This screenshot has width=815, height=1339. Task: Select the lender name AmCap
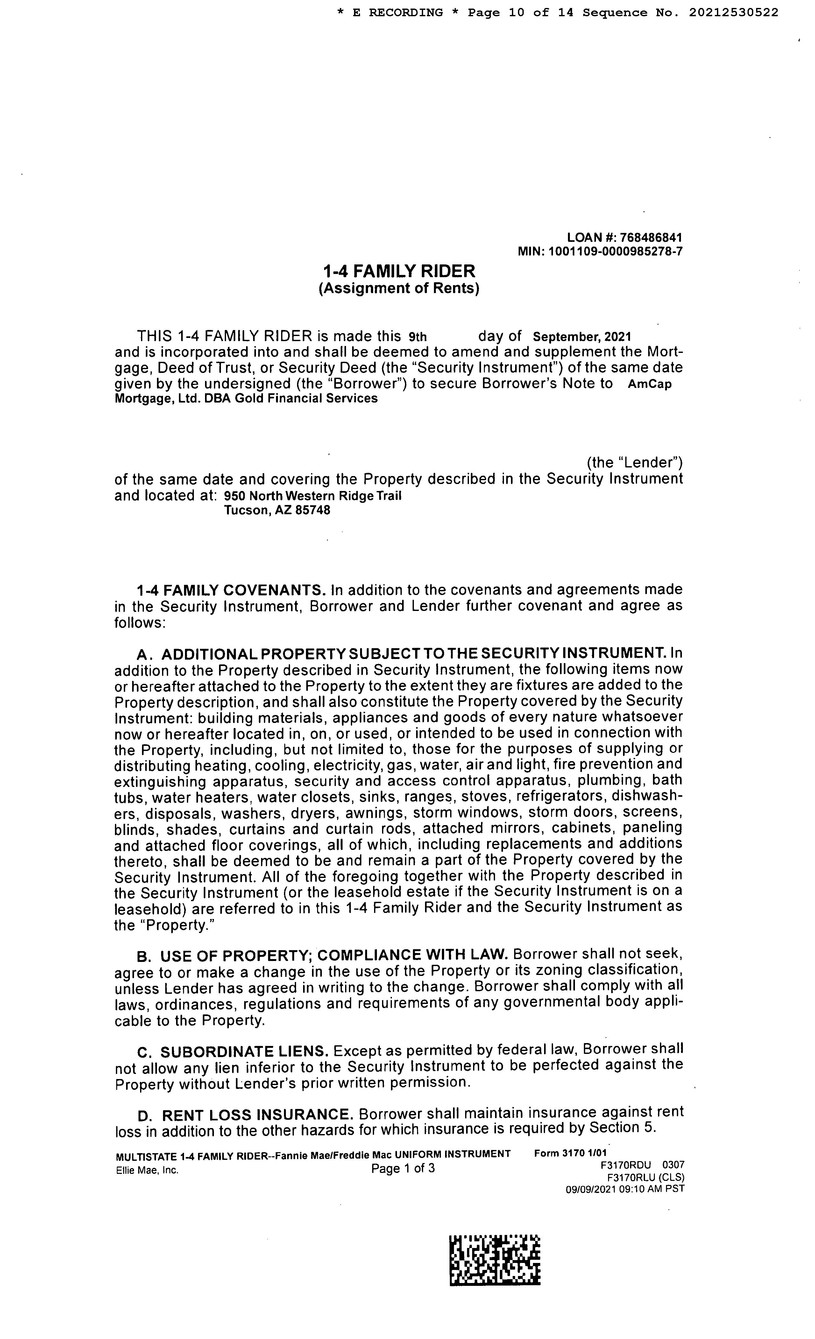click(649, 384)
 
